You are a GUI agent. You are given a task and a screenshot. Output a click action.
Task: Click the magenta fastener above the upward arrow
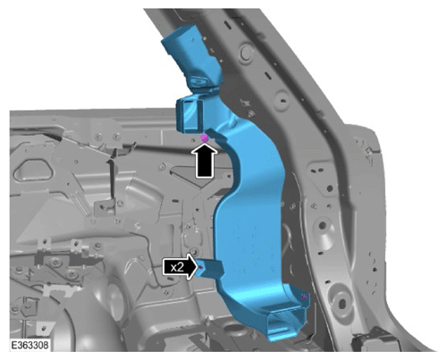click(x=205, y=138)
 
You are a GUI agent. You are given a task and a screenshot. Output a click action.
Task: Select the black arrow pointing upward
click(x=205, y=161)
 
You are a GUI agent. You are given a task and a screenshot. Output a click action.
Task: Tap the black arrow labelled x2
click(x=181, y=267)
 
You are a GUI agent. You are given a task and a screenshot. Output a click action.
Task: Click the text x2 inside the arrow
click(x=177, y=267)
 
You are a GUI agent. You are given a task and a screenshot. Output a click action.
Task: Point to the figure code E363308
click(x=30, y=346)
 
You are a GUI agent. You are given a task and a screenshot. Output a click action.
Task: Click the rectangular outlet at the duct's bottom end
click(x=287, y=324)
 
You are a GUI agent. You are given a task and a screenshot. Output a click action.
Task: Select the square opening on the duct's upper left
click(x=190, y=114)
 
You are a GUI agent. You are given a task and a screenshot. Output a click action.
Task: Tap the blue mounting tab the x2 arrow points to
click(x=210, y=268)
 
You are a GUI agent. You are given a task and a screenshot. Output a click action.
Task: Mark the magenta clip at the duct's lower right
click(x=304, y=297)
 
